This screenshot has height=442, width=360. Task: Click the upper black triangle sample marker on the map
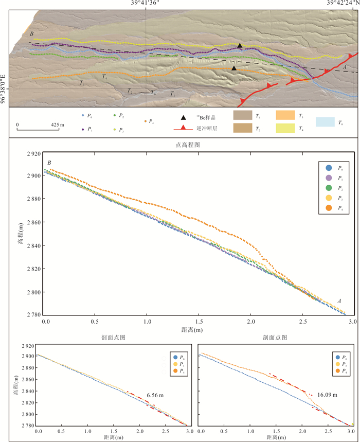click(240, 46)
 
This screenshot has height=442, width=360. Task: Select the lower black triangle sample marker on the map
click(234, 68)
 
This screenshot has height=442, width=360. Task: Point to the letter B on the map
click(32, 34)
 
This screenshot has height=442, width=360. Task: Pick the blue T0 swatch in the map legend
click(325, 122)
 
